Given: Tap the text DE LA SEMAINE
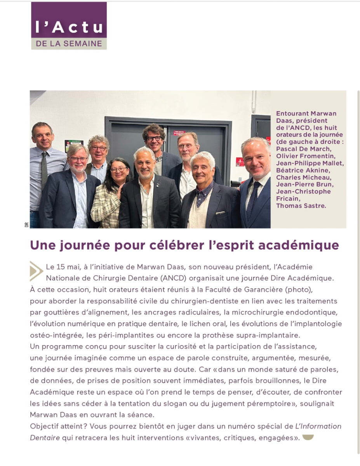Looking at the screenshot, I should coord(69,43).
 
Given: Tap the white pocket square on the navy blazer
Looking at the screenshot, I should coord(221,212).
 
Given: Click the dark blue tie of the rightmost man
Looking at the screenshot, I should coord(252,202).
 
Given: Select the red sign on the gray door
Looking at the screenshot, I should coord(170,132).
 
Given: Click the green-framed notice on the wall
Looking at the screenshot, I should coord(73,144).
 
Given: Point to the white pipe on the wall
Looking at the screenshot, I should coord(254,102).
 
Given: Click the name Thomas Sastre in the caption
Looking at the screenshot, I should coord(301,205).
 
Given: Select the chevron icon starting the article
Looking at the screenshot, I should coord(36,271).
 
